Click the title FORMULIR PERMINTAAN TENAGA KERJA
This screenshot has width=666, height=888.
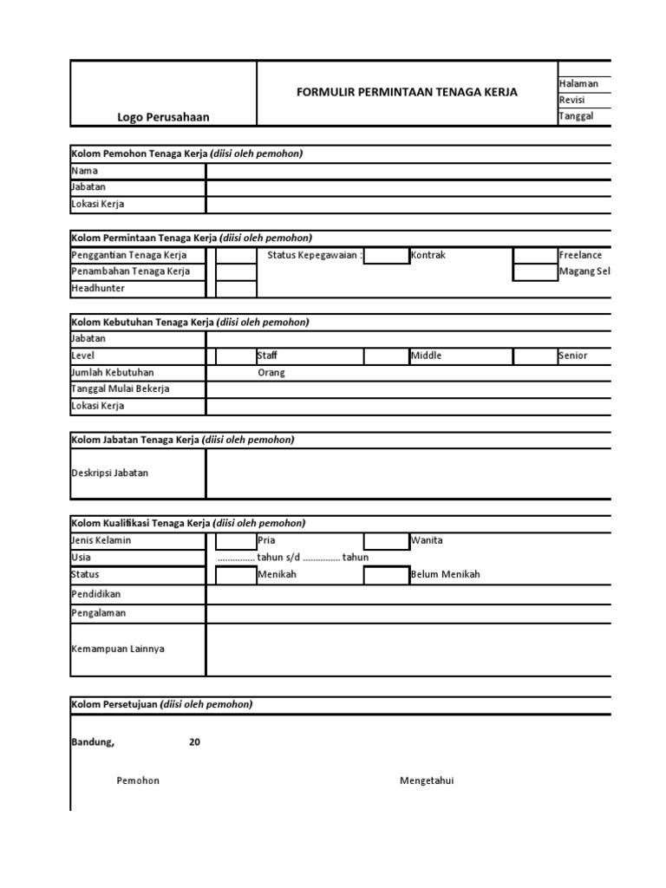click(407, 92)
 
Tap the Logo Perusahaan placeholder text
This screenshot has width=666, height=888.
click(163, 117)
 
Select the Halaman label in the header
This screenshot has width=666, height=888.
click(578, 83)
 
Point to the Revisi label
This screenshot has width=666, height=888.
click(572, 100)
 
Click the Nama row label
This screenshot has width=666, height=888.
click(84, 171)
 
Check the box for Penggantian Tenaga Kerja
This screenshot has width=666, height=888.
click(236, 255)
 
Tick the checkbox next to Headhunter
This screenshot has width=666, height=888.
click(236, 288)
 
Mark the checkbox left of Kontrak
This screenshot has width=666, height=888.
click(386, 255)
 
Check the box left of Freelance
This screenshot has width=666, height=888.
click(535, 255)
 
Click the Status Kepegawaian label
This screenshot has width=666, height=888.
click(315, 255)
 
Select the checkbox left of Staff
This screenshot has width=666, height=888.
click(236, 356)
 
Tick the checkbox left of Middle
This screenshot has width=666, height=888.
click(386, 356)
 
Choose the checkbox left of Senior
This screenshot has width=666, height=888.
click(535, 356)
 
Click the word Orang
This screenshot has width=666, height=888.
click(271, 373)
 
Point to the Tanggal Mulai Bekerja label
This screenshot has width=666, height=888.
click(120, 388)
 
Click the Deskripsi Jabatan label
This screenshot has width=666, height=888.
click(109, 473)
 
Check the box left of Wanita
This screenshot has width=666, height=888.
click(386, 541)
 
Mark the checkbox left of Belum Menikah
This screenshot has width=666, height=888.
click(386, 575)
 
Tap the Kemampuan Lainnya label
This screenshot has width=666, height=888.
click(117, 649)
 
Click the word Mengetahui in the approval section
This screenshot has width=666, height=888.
click(426, 780)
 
